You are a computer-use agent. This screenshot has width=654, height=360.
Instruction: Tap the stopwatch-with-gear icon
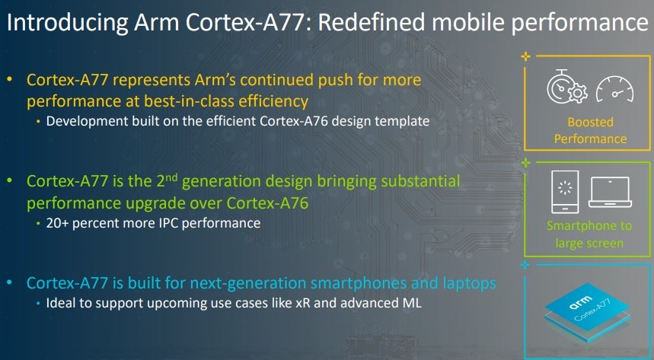(566, 88)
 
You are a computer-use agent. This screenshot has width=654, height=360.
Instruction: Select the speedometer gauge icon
(614, 89)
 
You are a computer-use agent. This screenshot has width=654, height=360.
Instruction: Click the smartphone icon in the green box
(565, 192)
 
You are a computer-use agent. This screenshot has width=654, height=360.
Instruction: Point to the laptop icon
(610, 192)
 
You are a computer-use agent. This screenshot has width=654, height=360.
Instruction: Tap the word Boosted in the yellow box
(590, 122)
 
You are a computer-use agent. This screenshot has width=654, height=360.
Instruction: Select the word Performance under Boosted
(590, 139)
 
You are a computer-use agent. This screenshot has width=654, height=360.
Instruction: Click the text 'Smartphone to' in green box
(589, 226)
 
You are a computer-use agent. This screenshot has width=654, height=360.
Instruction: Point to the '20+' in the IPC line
(57, 223)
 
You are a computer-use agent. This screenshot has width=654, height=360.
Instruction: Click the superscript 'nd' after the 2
(171, 177)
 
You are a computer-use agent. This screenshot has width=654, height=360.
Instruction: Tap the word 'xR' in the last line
(303, 303)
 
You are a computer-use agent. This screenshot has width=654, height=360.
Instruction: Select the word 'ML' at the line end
(412, 303)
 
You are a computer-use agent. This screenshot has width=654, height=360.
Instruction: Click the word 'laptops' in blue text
(469, 284)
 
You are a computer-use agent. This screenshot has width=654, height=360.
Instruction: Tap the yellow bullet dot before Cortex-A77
(10, 79)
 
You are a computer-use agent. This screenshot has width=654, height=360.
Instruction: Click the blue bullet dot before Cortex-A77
(10, 282)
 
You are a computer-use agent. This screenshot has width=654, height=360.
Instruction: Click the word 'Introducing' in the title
(67, 23)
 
